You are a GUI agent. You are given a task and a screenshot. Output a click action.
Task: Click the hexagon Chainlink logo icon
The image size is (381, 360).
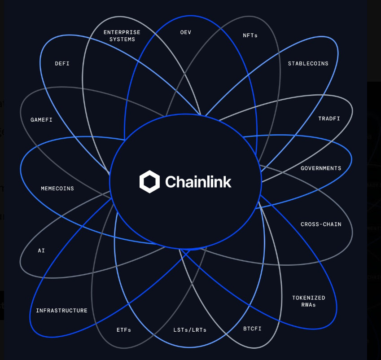149,181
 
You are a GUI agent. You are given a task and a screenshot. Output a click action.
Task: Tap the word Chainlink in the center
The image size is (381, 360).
198,182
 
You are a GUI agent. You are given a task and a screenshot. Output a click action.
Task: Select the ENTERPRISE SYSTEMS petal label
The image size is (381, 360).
122,35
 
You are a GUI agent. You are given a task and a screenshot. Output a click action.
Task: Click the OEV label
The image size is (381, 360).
186,32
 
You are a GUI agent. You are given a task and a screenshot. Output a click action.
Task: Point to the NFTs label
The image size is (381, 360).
250,35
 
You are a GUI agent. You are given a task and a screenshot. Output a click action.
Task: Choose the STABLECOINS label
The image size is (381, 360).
308,64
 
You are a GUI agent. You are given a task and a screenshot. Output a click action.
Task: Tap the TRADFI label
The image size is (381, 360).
329,119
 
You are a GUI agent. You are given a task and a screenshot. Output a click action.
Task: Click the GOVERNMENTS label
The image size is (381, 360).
321,168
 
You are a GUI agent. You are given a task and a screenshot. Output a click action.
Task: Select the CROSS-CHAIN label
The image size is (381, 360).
321,224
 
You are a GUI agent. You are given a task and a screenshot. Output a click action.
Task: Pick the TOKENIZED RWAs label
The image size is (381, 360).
309,301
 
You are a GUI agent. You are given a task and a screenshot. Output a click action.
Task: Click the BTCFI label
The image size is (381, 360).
252,329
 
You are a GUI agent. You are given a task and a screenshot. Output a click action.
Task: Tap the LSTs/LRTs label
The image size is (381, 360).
190,330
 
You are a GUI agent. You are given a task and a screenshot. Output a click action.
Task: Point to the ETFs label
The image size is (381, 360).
124,330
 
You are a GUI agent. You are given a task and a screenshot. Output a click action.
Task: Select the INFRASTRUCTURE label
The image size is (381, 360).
62,311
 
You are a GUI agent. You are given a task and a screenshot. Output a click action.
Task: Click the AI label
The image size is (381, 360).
41,250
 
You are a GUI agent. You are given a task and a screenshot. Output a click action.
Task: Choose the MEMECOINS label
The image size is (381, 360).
57,189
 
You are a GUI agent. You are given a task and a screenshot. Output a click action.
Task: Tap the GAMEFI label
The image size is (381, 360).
42,120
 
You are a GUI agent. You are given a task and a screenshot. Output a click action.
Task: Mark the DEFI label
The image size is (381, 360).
62,64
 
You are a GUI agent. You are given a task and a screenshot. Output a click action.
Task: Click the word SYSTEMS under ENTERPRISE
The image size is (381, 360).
122,39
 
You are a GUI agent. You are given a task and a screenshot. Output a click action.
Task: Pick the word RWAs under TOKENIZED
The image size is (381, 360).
309,305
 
